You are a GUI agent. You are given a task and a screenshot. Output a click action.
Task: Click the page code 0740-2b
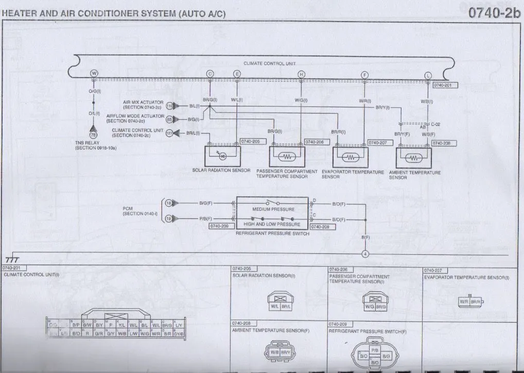[x=494, y=13]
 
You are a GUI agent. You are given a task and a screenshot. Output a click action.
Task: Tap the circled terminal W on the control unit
[x=94, y=73]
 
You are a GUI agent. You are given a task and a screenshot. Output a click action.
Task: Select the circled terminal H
[x=301, y=74]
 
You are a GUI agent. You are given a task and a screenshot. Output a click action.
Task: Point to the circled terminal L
[x=427, y=76]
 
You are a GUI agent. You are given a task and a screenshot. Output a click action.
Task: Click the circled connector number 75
[x=93, y=135]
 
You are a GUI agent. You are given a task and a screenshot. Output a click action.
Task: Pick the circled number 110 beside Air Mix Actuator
[x=169, y=106]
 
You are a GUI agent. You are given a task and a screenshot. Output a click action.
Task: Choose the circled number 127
[x=169, y=133]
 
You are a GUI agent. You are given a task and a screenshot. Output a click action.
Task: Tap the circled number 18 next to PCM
[x=168, y=203]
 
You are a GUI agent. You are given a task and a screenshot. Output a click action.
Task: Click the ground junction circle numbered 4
[x=365, y=254]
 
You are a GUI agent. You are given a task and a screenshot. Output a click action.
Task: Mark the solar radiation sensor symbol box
[x=223, y=156]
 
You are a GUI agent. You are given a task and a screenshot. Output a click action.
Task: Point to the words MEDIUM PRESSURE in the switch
[x=273, y=209]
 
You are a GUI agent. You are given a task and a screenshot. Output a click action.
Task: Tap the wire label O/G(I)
[x=95, y=91]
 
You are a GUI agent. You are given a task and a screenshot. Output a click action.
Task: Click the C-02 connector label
[x=435, y=124]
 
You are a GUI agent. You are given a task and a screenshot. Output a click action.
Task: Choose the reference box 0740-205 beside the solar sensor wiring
[x=250, y=141]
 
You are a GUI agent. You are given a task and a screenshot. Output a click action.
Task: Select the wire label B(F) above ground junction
[x=366, y=237]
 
